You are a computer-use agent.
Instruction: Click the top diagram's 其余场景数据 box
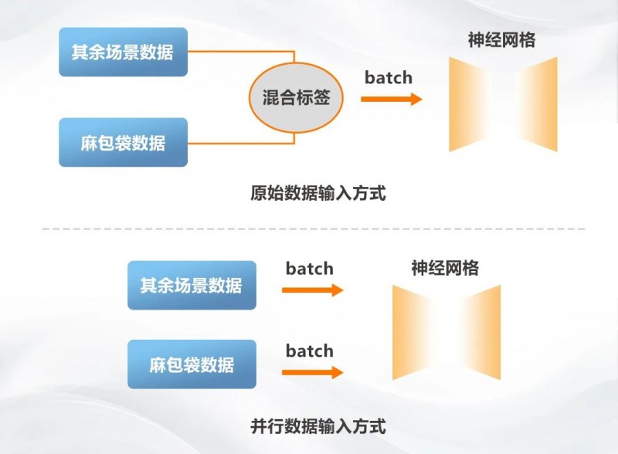(x=123, y=53)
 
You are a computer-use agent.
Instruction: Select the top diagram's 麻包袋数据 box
(x=123, y=142)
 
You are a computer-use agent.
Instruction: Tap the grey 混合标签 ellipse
(x=294, y=98)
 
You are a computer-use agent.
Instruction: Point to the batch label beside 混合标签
(x=389, y=77)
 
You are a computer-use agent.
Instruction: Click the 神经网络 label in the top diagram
(x=501, y=40)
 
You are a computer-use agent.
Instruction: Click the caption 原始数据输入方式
(x=318, y=193)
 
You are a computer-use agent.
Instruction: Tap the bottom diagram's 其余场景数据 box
(x=191, y=285)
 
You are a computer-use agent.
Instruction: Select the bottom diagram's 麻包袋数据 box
(x=191, y=364)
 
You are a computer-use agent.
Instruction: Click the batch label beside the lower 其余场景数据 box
(x=309, y=269)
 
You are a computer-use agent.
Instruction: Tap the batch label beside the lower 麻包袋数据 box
(x=309, y=351)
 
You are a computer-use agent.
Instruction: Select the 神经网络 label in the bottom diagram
(x=445, y=268)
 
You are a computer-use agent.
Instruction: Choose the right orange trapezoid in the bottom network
(x=483, y=332)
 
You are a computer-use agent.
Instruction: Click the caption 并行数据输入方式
(x=318, y=425)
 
